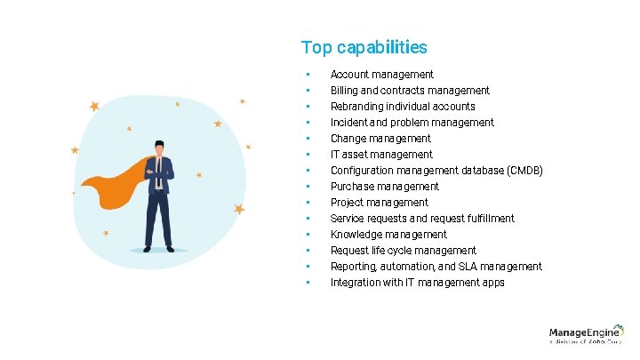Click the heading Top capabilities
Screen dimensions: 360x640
pos(364,47)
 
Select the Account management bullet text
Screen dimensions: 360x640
pos(382,75)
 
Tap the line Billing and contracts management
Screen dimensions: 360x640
pos(410,91)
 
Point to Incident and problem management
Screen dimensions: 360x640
pos(412,123)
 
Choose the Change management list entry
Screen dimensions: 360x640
pos(380,139)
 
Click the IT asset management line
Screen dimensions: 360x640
pos(381,155)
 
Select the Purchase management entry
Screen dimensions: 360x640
pos(385,187)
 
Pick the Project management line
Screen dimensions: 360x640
pos(380,203)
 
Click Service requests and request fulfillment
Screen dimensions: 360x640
pos(422,219)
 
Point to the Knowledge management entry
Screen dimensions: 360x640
pos(388,235)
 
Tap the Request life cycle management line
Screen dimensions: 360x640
pos(404,251)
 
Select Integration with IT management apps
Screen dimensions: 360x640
pos(418,283)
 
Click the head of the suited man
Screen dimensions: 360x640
pos(159,147)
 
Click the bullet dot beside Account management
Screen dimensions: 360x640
pos(305,75)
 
